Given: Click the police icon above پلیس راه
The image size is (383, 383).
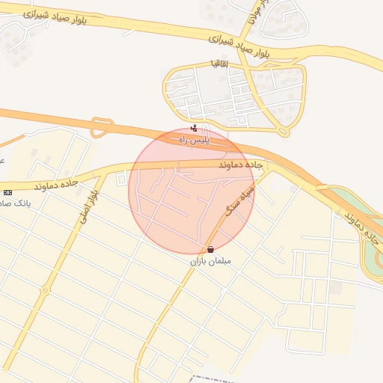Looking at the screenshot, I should tap(194, 128).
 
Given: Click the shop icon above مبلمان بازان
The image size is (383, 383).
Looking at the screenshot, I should tap(210, 249).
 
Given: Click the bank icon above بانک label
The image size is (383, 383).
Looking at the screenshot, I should tap(7, 192).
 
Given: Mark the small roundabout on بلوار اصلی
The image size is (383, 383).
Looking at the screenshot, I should tap(47, 290).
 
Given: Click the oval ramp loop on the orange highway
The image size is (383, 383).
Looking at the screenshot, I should tap(101, 128).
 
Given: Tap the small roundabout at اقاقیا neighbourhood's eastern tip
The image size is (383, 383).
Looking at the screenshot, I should tap(283, 132).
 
